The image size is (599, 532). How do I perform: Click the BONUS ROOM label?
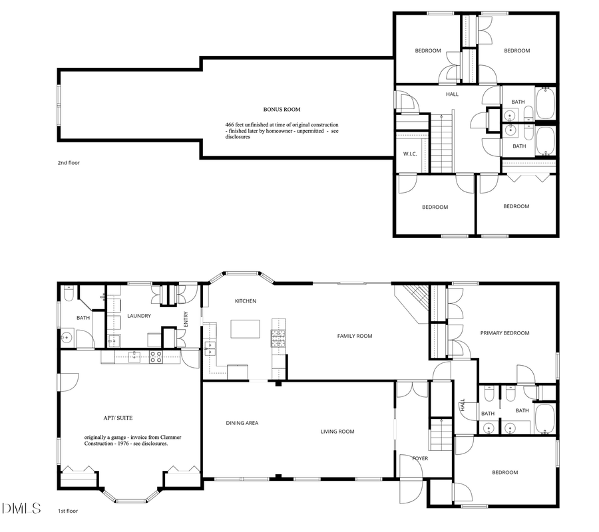click(278, 109)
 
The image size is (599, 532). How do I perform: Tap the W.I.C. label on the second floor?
click(409, 155)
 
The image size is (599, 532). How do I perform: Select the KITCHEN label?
click(245, 301)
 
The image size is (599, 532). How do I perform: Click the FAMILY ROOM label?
click(354, 336)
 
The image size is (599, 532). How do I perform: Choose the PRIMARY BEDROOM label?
click(504, 332)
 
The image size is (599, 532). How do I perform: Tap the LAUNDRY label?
click(139, 316)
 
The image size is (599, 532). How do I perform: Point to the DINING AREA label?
click(242, 423)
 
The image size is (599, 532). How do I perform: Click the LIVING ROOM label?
click(337, 432)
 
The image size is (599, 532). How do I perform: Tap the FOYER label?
click(419, 458)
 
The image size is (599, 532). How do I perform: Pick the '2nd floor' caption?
click(69, 162)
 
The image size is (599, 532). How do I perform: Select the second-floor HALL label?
click(452, 94)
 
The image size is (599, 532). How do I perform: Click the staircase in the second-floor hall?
click(442, 143)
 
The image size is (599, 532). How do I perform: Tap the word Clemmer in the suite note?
click(171, 437)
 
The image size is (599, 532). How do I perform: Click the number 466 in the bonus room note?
click(230, 125)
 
